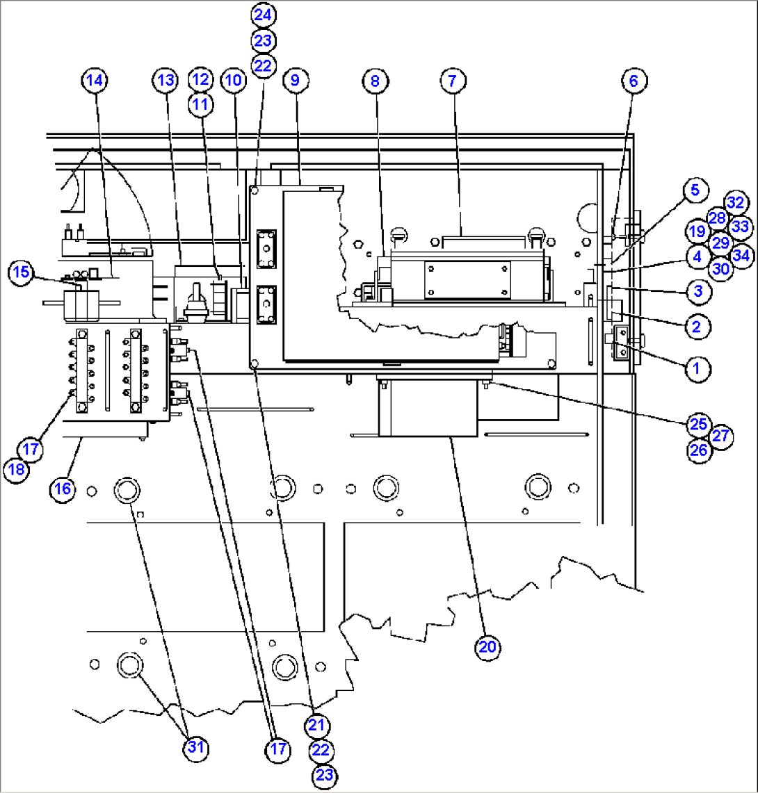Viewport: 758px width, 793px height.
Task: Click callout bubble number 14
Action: click(x=95, y=81)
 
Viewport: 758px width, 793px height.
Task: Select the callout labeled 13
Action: click(x=165, y=81)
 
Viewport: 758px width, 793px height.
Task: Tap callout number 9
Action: click(x=295, y=81)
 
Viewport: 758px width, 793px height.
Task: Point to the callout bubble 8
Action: click(x=375, y=81)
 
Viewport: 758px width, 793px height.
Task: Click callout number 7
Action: click(x=452, y=81)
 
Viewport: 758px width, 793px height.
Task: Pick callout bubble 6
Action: click(x=633, y=81)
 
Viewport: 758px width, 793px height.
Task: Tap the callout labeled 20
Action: click(x=487, y=646)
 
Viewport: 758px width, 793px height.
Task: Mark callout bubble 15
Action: click(x=22, y=272)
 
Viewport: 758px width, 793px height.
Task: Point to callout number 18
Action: click(x=17, y=470)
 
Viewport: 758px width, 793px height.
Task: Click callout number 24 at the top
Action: click(x=264, y=14)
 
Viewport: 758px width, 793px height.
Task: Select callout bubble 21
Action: click(x=316, y=725)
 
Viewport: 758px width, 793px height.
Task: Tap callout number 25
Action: click(x=698, y=423)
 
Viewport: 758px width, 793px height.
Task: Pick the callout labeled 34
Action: click(x=741, y=256)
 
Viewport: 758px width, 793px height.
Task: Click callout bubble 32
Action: click(x=736, y=202)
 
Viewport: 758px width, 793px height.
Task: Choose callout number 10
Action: click(x=234, y=81)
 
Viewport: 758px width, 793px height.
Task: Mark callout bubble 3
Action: click(x=697, y=291)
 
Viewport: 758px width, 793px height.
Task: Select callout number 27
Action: click(x=722, y=436)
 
